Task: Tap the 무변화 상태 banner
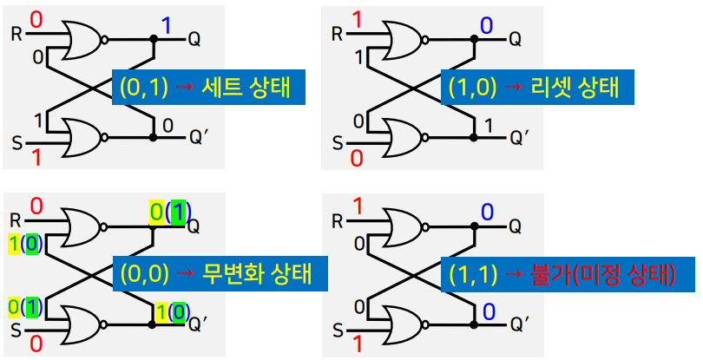212,274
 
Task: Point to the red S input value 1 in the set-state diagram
36,157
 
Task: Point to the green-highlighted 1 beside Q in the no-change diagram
179,212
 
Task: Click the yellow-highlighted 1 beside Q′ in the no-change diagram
161,309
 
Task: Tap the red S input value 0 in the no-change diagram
36,345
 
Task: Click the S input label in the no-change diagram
16,330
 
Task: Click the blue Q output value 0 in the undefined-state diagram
487,213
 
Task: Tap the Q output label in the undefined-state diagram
515,227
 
